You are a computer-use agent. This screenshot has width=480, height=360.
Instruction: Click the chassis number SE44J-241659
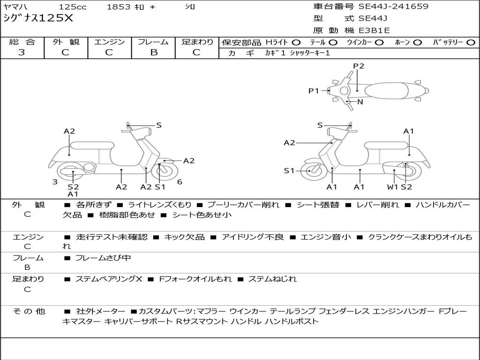tap(393, 7)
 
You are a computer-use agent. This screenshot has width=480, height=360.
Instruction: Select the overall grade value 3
tap(22, 52)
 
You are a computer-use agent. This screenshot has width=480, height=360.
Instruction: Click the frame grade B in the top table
tap(153, 52)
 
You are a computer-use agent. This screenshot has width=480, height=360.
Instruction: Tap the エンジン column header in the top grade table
tap(109, 42)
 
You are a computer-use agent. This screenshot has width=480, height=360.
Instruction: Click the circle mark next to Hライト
tap(296, 42)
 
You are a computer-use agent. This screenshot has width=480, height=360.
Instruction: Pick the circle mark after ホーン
tap(418, 42)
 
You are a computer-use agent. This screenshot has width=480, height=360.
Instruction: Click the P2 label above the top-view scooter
tap(359, 66)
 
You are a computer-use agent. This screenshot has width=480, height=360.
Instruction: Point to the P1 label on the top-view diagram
tap(314, 91)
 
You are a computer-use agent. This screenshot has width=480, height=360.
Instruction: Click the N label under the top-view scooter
tap(360, 102)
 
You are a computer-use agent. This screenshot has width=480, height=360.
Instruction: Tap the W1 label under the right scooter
tap(392, 187)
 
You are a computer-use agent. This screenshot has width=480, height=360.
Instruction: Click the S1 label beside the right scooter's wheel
tap(289, 171)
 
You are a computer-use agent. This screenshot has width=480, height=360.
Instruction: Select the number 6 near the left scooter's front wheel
tap(180, 181)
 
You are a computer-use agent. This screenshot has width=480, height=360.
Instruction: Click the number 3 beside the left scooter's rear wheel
tap(55, 181)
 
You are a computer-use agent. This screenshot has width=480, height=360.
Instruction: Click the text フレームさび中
tap(103, 258)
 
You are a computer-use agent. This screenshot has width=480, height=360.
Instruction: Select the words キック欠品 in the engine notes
tap(184, 237)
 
